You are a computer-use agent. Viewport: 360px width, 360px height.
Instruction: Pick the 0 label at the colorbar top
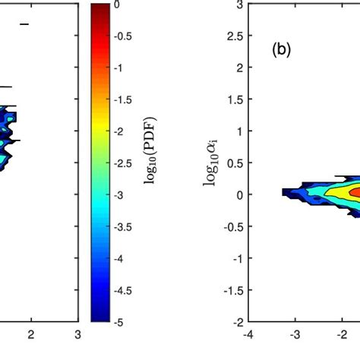[116, 5]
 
